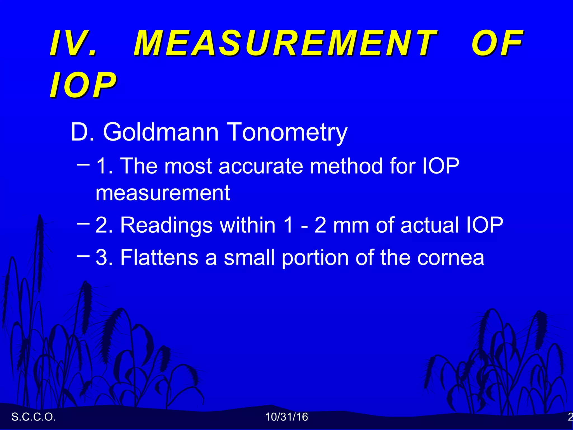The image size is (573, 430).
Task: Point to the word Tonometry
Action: point(287,132)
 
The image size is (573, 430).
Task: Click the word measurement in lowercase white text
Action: point(163,193)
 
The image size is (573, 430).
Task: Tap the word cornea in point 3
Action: point(450,258)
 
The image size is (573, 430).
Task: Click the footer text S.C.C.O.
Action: point(34,417)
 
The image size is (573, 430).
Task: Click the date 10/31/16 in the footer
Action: point(286,417)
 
